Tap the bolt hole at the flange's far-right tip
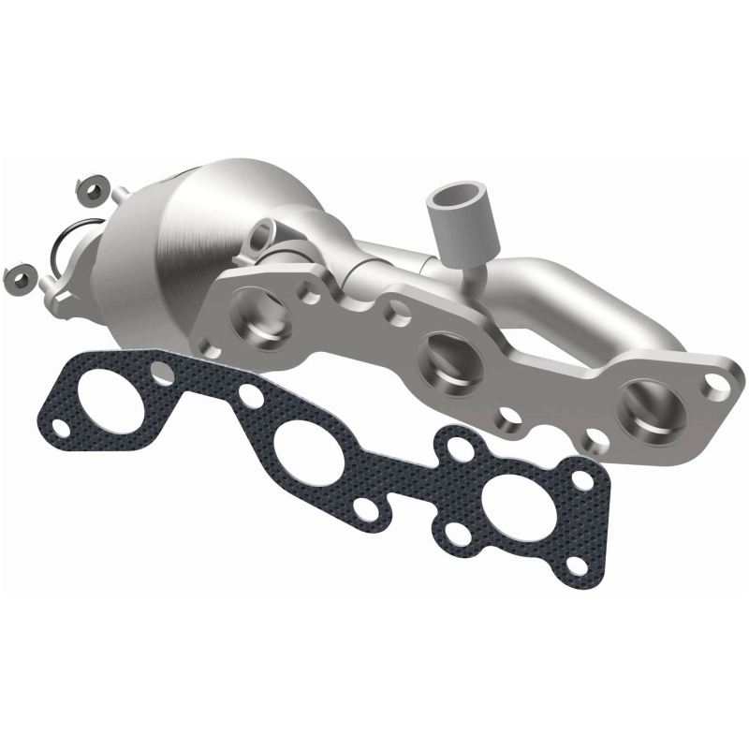coord(716,382)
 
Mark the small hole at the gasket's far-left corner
coord(59,428)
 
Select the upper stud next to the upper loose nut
coord(120,194)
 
